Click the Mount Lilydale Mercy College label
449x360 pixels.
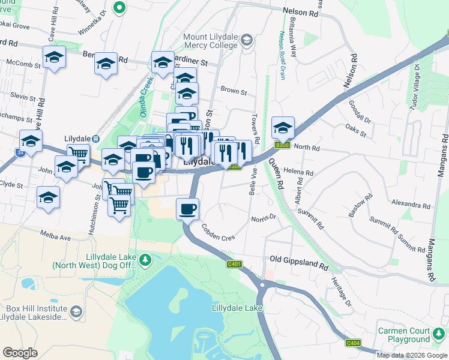point(211,40)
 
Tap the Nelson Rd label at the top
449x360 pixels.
point(300,13)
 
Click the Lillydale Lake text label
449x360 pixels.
point(237,308)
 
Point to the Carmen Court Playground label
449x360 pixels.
point(403,335)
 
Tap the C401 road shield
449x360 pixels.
point(234,264)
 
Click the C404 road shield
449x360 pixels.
point(353,343)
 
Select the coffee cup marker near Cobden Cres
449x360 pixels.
point(187,209)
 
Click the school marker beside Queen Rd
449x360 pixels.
point(283,127)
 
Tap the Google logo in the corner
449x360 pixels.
point(20,353)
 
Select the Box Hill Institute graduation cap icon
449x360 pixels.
point(76,311)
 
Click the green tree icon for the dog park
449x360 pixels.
point(145,260)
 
